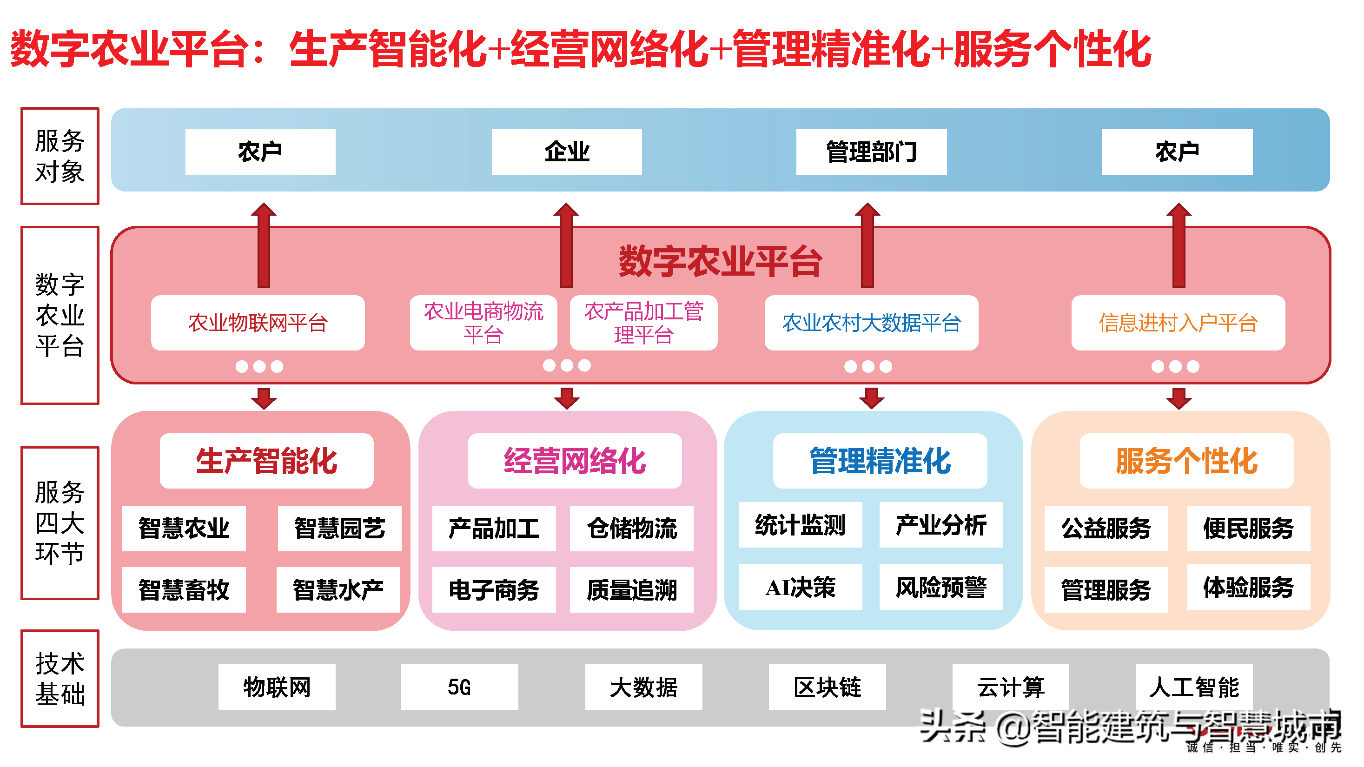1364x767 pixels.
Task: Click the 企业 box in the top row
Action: click(567, 152)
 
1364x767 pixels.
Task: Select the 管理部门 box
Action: click(871, 152)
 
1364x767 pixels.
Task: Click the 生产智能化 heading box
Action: click(266, 461)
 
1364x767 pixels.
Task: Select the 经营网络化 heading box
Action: click(575, 461)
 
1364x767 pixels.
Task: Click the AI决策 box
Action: click(800, 587)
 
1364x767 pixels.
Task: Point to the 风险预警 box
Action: click(941, 587)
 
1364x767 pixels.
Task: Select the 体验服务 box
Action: click(1248, 587)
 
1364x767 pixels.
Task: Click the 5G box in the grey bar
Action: click(459, 687)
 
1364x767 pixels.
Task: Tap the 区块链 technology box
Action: click(827, 687)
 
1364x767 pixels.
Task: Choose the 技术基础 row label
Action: click(60, 678)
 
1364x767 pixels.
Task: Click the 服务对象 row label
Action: click(60, 156)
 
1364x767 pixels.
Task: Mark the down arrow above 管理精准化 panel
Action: click(872, 398)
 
